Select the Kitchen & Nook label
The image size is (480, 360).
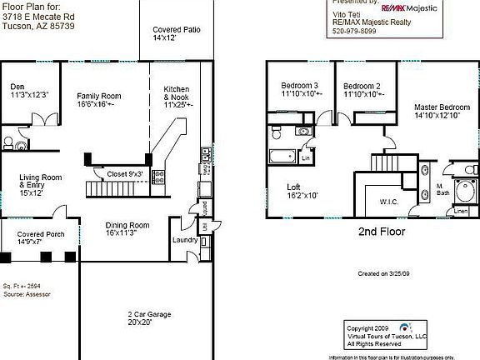coord(177,97)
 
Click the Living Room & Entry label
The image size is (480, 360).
coord(42,182)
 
